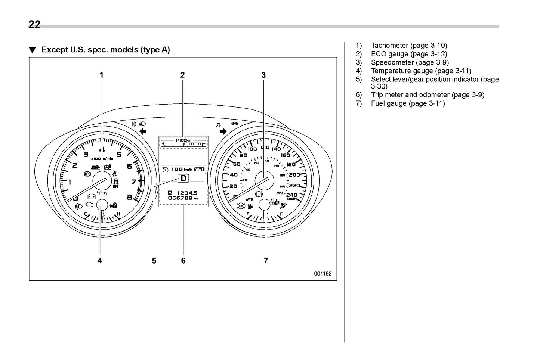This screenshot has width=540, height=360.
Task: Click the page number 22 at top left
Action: (x=34, y=25)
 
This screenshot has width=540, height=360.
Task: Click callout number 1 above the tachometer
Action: (x=101, y=75)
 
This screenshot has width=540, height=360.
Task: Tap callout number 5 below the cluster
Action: (x=154, y=261)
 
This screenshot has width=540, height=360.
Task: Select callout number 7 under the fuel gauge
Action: (x=266, y=261)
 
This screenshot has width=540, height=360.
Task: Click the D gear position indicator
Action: (x=183, y=179)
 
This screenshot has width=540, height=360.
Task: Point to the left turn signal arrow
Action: (x=142, y=131)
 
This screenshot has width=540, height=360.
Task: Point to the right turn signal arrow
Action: (x=223, y=131)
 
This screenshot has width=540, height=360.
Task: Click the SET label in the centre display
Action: (x=199, y=170)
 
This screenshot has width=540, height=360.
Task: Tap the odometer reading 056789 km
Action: (x=183, y=198)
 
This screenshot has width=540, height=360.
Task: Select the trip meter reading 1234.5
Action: (x=186, y=193)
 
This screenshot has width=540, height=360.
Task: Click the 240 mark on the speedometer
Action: (x=291, y=195)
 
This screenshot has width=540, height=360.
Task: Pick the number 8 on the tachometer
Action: (x=129, y=197)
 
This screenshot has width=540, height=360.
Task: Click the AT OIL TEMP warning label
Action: (x=275, y=202)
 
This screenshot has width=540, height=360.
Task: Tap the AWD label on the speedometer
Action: (x=249, y=199)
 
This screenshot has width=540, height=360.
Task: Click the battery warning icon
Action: (x=91, y=196)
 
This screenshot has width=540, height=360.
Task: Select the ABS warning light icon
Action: (x=241, y=205)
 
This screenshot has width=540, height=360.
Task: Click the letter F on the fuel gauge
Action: (x=281, y=214)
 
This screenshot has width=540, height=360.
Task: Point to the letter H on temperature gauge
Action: (x=118, y=214)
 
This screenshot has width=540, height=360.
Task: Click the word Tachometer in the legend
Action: (x=389, y=46)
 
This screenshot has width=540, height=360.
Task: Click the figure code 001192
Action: (x=323, y=273)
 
